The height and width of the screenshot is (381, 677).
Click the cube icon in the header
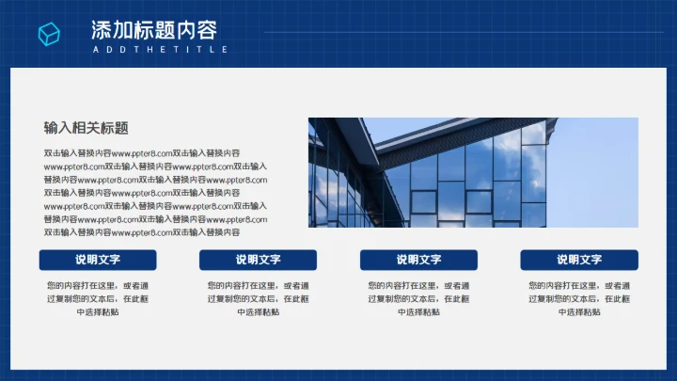[49, 35]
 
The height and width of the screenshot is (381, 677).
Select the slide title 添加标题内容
[153, 28]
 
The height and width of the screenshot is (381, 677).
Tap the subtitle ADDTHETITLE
[160, 49]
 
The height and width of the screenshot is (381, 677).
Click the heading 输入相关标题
[86, 128]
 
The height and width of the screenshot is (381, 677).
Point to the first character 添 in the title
[102, 28]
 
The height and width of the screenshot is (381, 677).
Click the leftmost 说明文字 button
[98, 260]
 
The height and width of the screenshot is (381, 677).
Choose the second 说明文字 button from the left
[258, 260]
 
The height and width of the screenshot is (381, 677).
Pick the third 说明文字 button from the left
[418, 260]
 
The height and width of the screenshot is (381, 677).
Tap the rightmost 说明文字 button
[578, 260]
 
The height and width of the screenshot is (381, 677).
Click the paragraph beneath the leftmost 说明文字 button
[98, 298]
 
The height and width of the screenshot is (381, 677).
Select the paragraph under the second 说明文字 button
[258, 298]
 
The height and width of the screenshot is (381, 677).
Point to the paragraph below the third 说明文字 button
[418, 298]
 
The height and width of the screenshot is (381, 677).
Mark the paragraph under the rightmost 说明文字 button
[578, 298]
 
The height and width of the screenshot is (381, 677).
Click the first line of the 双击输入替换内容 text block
[141, 152]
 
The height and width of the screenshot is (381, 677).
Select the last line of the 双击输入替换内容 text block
[141, 231]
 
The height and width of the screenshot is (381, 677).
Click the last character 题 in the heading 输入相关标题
[121, 128]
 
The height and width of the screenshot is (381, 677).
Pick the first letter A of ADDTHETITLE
[95, 49]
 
